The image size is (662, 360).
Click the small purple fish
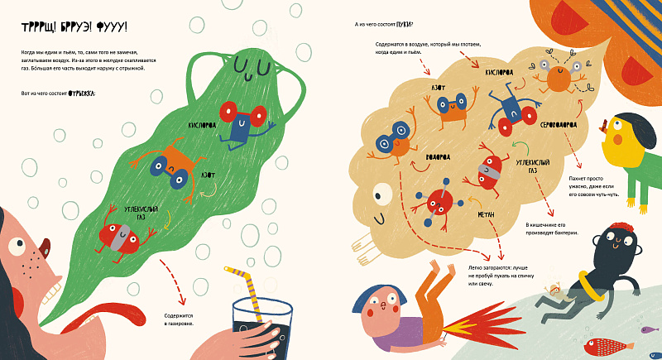tap(645, 329)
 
